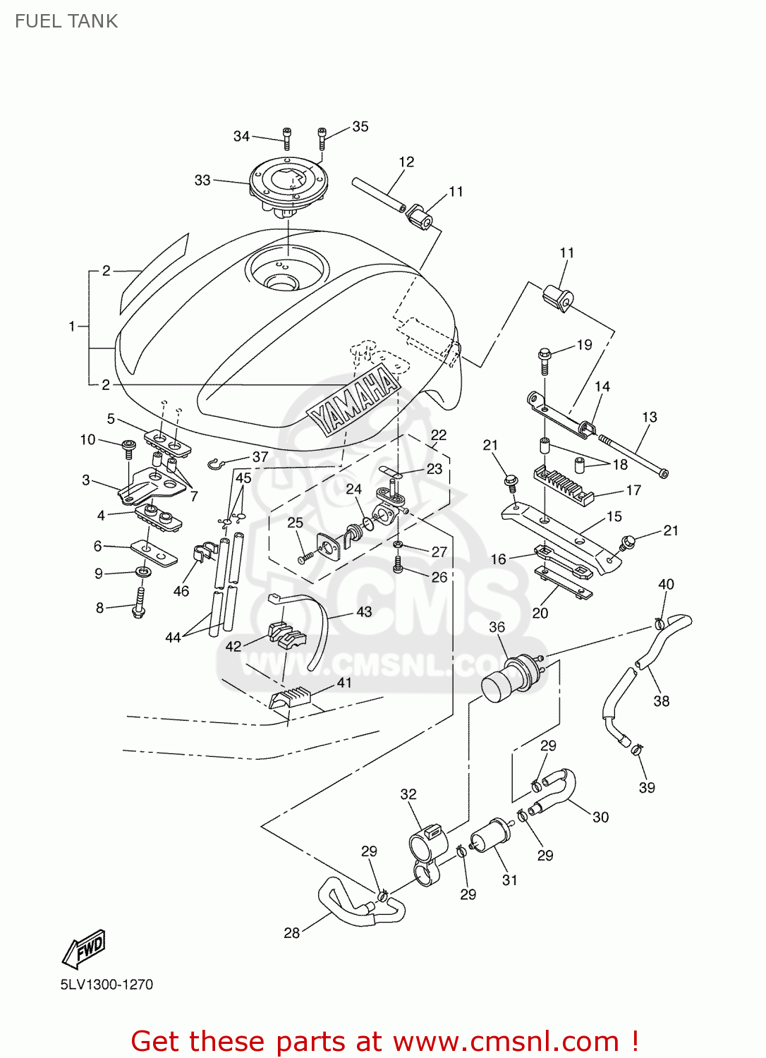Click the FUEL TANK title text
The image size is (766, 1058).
[66, 21]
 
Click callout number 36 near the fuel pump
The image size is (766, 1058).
[497, 627]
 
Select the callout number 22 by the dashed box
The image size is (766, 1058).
[439, 435]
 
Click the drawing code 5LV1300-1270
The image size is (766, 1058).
[107, 984]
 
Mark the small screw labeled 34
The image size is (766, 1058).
[287, 138]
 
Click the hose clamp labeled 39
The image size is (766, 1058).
[637, 749]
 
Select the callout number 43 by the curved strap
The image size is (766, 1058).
[364, 612]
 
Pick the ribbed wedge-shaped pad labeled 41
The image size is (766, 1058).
[291, 696]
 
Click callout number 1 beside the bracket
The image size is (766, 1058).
[71, 326]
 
